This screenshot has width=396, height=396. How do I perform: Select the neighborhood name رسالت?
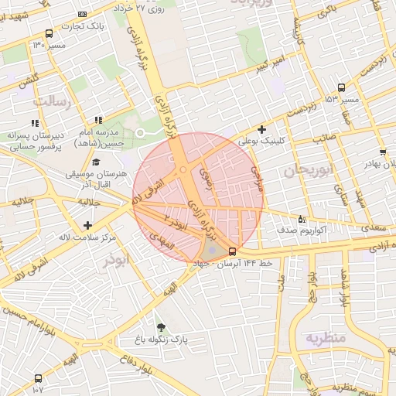[52, 102]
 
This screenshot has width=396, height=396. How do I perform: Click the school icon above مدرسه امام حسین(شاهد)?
[98, 120]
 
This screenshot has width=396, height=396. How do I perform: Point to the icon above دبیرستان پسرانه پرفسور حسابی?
[34, 123]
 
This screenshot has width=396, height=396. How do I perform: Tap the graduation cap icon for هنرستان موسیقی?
[96, 162]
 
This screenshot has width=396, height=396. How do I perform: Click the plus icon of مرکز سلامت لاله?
[89, 225]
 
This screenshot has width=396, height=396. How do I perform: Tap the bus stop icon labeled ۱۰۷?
[39, 378]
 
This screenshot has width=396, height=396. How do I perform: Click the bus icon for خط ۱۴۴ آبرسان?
[233, 251]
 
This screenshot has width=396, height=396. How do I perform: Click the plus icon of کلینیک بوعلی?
[261, 129]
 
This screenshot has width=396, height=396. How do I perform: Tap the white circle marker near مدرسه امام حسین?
[141, 134]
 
